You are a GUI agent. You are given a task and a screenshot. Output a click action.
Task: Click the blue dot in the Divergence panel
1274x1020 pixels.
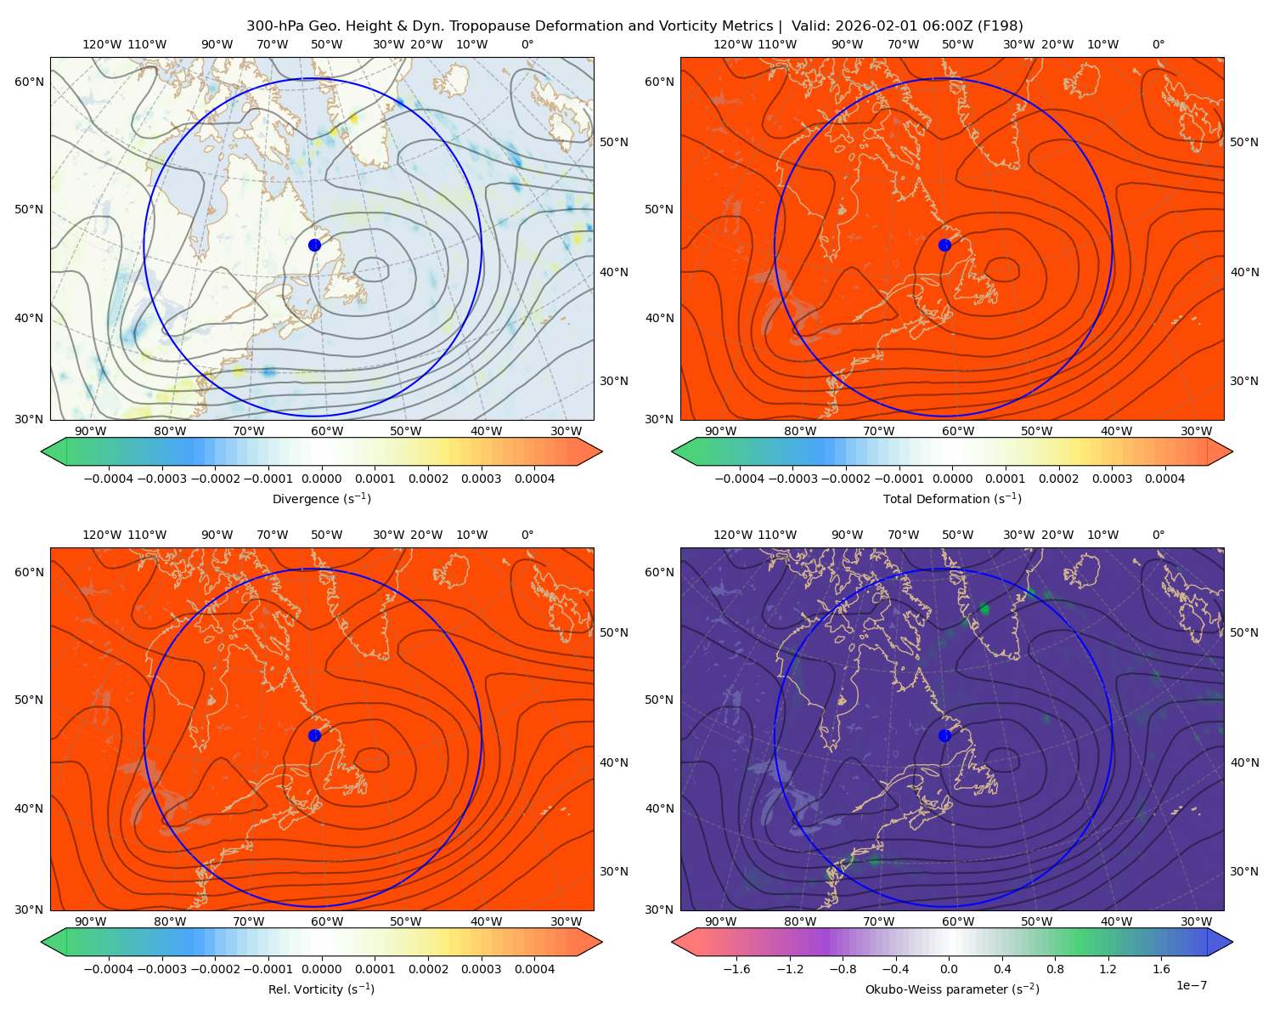(x=314, y=245)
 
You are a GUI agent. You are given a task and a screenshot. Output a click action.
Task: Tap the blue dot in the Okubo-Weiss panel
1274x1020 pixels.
(x=944, y=735)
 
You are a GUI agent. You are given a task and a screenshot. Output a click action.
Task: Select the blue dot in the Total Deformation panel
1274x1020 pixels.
(x=944, y=245)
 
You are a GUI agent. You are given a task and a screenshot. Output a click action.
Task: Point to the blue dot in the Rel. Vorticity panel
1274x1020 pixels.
(x=314, y=735)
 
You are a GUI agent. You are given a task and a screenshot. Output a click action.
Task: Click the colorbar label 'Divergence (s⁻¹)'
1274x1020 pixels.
(x=321, y=498)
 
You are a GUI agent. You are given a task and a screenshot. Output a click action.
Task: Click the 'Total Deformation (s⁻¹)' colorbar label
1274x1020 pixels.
(x=952, y=498)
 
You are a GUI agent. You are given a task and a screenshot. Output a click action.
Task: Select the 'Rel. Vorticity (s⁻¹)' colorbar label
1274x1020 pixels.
(x=321, y=989)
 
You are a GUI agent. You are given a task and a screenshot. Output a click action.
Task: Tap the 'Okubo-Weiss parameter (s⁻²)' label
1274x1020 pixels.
(x=952, y=989)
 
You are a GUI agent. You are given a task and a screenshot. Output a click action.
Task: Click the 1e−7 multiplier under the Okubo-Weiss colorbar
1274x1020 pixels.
(x=1191, y=985)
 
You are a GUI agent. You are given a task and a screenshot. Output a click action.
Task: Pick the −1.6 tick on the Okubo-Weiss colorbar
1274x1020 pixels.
(x=736, y=968)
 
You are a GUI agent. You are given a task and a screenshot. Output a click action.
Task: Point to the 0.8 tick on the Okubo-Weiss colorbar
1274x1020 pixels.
(x=1055, y=968)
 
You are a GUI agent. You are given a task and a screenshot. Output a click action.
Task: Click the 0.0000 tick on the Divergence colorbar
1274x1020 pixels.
(x=321, y=479)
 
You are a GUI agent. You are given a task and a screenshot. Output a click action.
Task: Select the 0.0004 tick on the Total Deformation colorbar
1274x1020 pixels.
(x=1164, y=479)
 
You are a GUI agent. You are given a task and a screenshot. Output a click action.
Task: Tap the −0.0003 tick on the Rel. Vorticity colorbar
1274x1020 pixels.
(x=161, y=968)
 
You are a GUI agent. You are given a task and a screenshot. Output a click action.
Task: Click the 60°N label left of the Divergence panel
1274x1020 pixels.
(x=29, y=82)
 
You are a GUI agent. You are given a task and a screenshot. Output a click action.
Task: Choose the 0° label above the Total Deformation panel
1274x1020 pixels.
(x=1158, y=44)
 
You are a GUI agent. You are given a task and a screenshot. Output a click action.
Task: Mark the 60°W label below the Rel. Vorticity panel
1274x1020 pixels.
(x=327, y=921)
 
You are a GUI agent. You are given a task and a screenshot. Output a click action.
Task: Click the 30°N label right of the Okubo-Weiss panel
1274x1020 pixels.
(x=1243, y=870)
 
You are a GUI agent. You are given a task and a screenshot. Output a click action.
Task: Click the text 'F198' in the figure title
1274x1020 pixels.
(x=999, y=25)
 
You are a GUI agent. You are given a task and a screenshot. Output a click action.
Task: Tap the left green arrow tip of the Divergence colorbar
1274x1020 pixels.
(x=42, y=451)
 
